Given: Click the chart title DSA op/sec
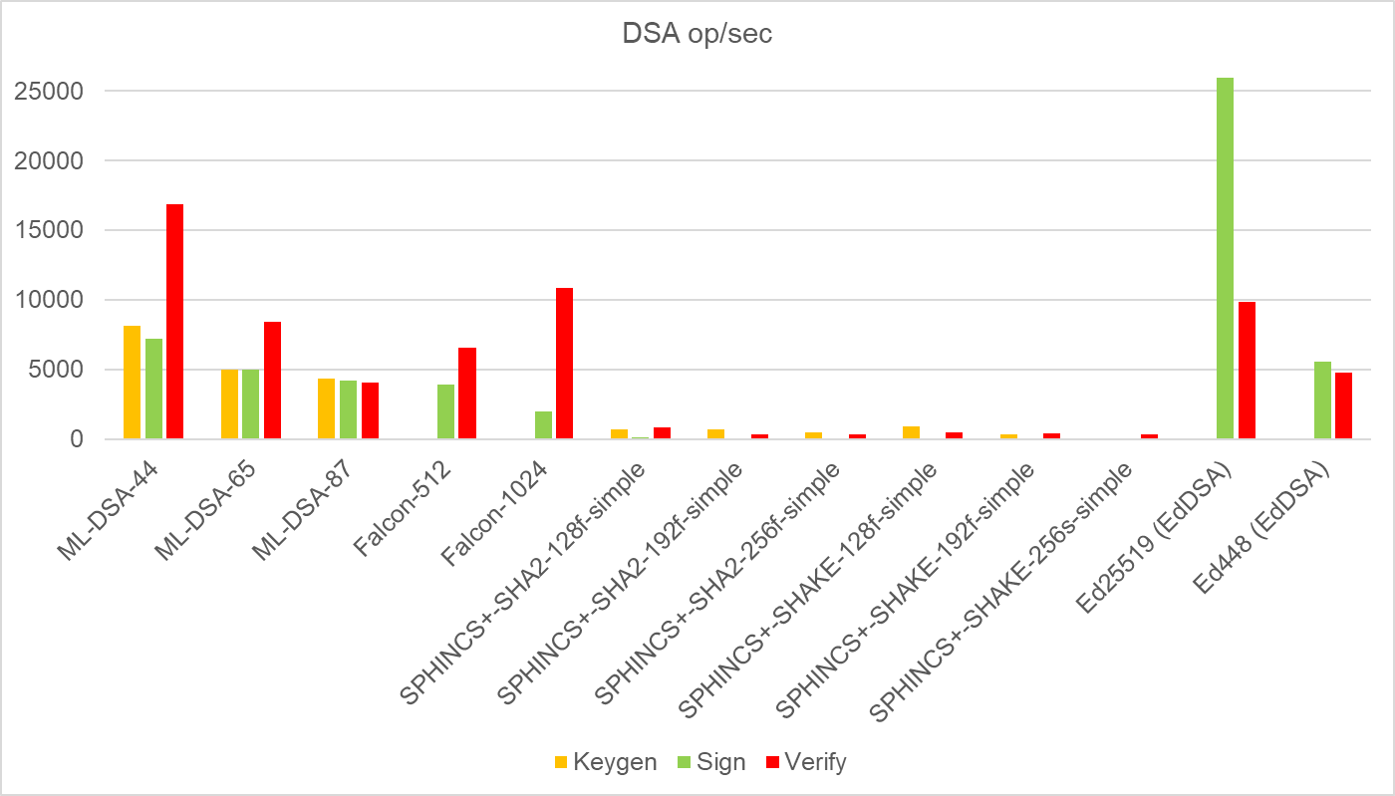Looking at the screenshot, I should [697, 34].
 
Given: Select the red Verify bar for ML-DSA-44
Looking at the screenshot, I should [174, 321].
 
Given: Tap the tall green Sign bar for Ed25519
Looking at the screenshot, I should [1225, 258].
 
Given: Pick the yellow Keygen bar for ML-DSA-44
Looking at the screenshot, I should [132, 382].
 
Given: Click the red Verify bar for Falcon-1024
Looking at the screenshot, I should [564, 363].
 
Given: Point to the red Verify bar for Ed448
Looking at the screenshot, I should [1343, 405].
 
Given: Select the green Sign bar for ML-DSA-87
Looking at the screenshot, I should [348, 409].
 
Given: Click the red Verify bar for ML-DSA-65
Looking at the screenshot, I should [272, 380].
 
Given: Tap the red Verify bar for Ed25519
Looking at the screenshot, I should [1247, 370].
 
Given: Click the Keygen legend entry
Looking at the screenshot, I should [605, 762].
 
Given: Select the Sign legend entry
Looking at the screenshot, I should [709, 762].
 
